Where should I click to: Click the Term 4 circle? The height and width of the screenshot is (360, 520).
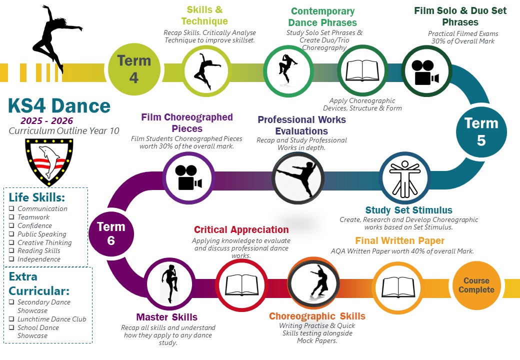134,68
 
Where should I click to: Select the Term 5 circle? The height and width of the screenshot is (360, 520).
481,131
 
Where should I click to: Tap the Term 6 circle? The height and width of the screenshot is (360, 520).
111,233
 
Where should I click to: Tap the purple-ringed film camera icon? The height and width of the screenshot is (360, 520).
188,177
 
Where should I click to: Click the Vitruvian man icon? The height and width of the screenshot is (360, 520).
405,178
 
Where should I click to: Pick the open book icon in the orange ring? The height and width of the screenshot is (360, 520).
397,287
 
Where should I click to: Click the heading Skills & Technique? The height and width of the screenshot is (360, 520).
204,15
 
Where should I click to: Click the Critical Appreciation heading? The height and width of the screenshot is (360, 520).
241,230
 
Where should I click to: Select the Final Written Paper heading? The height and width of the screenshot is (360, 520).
399,241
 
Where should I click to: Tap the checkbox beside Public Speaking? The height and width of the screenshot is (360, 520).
12,234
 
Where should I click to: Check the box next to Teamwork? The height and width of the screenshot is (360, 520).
12,217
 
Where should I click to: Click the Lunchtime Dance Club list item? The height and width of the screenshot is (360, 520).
51,319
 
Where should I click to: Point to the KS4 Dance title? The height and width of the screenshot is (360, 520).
59,105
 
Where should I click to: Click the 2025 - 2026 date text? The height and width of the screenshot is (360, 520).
46,121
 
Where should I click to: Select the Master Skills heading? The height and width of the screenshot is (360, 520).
166,317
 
